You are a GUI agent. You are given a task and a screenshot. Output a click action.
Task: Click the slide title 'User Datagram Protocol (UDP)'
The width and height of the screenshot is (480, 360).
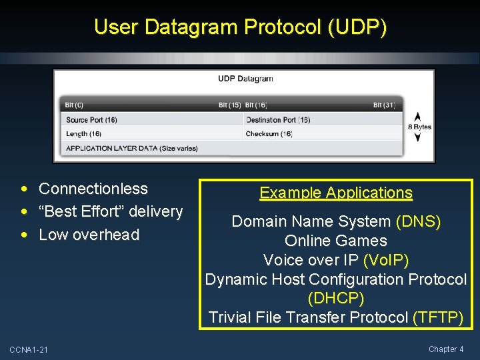tap(240, 27)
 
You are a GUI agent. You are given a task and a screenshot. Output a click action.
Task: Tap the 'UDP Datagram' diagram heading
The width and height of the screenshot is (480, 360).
tap(245, 79)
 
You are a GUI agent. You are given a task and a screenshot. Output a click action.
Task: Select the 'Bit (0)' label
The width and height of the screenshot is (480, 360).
tap(74, 105)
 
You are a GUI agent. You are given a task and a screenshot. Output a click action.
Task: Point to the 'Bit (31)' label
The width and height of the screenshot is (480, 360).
tap(385, 105)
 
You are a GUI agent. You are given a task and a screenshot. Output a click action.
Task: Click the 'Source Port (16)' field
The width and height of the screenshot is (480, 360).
tap(91, 120)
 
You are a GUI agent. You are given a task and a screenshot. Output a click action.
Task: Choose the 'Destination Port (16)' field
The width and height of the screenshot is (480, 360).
tap(278, 120)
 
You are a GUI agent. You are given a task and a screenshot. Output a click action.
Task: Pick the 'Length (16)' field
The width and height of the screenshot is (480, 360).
tap(83, 134)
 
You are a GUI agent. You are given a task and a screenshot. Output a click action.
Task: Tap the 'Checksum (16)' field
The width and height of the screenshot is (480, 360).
tap(269, 134)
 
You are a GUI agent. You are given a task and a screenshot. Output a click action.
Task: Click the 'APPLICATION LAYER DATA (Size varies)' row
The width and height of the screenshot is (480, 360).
tap(132, 148)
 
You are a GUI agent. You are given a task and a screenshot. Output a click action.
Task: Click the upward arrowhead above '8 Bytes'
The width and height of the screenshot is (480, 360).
tap(418, 115)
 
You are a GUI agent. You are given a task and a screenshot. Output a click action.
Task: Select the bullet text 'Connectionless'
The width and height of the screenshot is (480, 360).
tap(93, 189)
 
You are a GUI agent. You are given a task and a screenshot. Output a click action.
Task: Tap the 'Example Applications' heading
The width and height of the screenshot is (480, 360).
tap(336, 193)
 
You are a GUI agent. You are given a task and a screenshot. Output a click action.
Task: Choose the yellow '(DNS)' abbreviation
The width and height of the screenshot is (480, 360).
tap(418, 222)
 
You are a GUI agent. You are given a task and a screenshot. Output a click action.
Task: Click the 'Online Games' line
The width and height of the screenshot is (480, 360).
tap(336, 241)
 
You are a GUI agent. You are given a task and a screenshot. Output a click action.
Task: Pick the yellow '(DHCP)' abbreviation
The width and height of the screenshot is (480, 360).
tap(336, 299)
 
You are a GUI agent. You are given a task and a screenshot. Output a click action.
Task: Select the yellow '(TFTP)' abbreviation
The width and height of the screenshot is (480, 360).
tap(438, 317)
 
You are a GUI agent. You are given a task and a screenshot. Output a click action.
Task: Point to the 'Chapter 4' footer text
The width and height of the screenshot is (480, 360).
tap(446, 349)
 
